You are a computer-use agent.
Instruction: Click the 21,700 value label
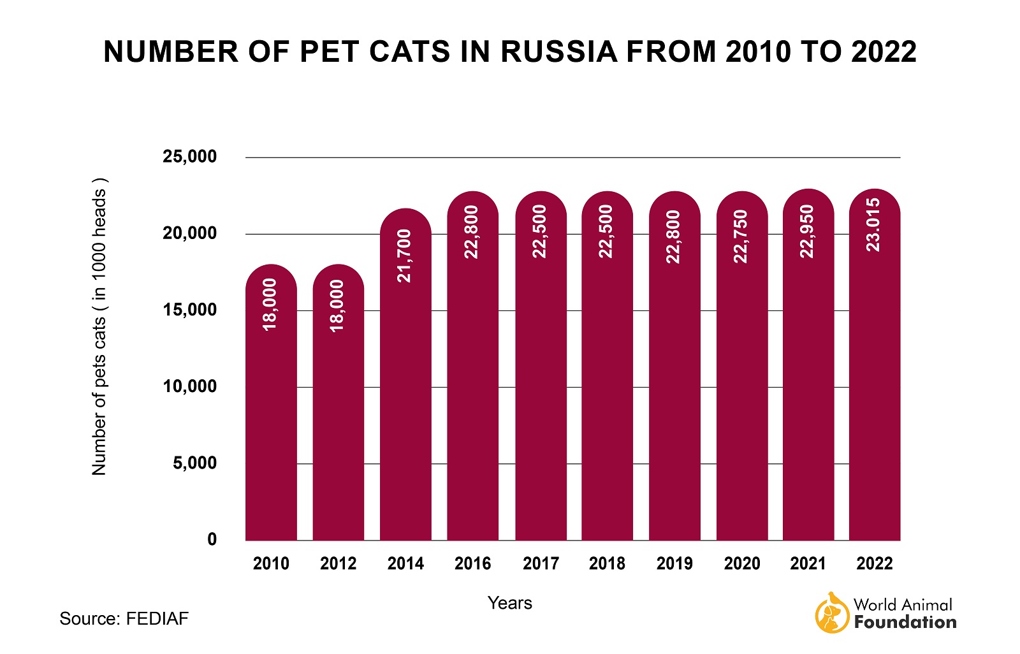click(x=405, y=256)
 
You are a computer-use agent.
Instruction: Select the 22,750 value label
click(x=741, y=236)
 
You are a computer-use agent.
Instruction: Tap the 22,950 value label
click(x=808, y=231)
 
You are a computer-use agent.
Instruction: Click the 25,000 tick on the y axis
click(x=189, y=157)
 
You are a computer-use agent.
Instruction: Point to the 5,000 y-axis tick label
click(x=194, y=463)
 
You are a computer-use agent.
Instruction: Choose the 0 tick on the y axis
click(x=212, y=540)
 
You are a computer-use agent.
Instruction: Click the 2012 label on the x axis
click(x=338, y=563)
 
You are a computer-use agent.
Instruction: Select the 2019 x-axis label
click(x=674, y=563)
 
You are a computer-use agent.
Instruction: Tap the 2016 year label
click(x=472, y=563)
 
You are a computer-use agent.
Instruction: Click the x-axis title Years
click(x=509, y=603)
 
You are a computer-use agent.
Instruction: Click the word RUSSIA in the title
click(x=558, y=52)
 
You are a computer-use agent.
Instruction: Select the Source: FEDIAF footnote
click(x=124, y=618)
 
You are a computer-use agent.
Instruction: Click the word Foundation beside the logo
click(x=905, y=622)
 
